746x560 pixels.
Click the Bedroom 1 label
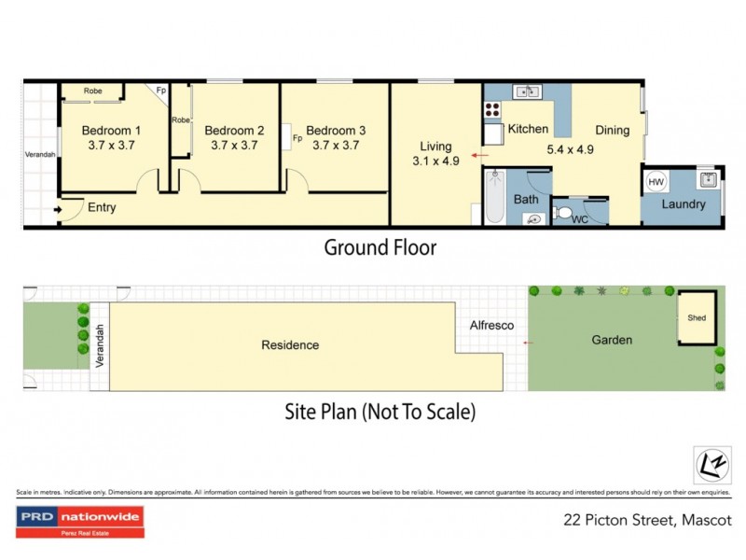point(112,131)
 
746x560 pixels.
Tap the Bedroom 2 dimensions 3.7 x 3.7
point(234,146)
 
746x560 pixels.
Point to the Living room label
point(435,147)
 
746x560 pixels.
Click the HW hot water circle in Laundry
point(656,181)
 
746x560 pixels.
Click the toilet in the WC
point(561,214)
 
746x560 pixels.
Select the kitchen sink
point(529,91)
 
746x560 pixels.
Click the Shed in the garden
point(697,318)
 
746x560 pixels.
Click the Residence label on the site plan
point(290,345)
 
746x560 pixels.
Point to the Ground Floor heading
point(380,247)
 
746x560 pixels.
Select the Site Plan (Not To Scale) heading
point(380,411)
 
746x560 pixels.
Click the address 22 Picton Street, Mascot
point(647,520)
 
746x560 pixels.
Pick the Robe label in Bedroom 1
point(93,91)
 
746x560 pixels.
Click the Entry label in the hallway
point(102,207)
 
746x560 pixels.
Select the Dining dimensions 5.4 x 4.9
point(571,148)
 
